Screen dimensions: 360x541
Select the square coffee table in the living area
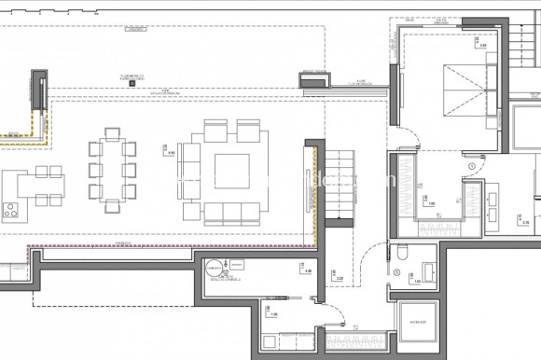point(232,171)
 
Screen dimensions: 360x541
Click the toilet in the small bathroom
point(401,251)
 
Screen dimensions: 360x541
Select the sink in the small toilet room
point(428,272)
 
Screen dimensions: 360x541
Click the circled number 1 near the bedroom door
point(472,167)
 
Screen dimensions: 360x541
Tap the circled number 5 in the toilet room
point(396,272)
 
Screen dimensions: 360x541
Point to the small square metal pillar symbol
point(133,83)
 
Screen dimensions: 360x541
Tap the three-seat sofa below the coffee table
point(232,211)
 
